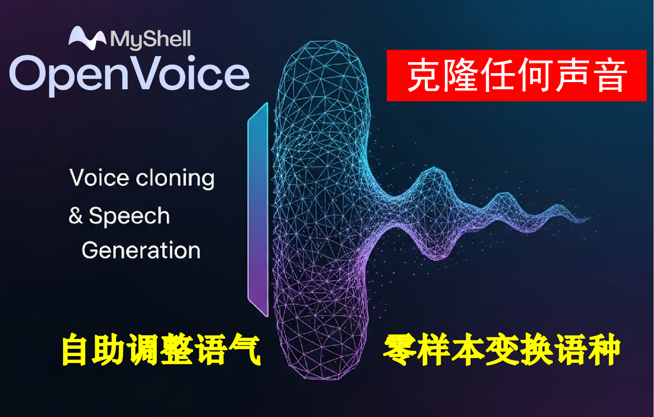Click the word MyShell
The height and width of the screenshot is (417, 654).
[x=150, y=40]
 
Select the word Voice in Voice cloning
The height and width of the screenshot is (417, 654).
[x=99, y=178]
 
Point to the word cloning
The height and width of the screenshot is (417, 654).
[x=175, y=179]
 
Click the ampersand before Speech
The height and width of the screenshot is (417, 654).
[x=76, y=215]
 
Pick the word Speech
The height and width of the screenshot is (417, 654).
[x=129, y=216]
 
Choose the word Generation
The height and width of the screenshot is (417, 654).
[x=141, y=250]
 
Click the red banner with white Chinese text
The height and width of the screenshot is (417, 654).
[x=516, y=76]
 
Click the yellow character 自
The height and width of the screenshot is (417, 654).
[x=76, y=350]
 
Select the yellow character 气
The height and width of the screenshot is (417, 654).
[x=244, y=350]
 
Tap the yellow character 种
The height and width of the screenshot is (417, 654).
[x=604, y=350]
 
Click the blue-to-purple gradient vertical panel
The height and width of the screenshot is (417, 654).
[x=258, y=209]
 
